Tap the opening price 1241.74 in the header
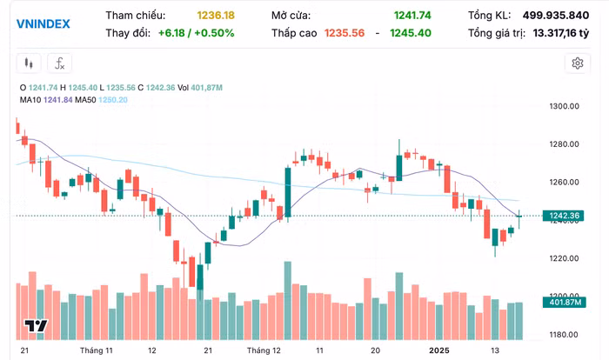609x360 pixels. tap(412, 16)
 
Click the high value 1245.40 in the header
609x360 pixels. tap(411, 33)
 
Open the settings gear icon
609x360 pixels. tap(577, 63)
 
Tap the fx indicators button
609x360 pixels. tap(59, 63)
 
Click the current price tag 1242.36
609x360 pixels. tap(564, 216)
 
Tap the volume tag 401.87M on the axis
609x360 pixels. tap(564, 303)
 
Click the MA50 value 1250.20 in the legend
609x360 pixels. tap(115, 100)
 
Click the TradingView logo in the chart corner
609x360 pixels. tap(36, 326)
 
